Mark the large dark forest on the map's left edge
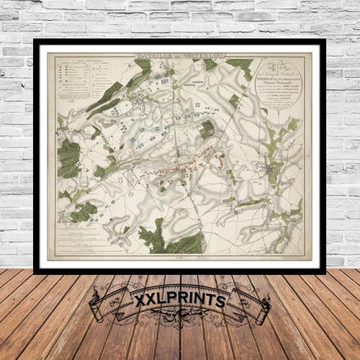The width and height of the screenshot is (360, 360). [x=69, y=158]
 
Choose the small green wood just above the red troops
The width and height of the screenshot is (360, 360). [x=207, y=130]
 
